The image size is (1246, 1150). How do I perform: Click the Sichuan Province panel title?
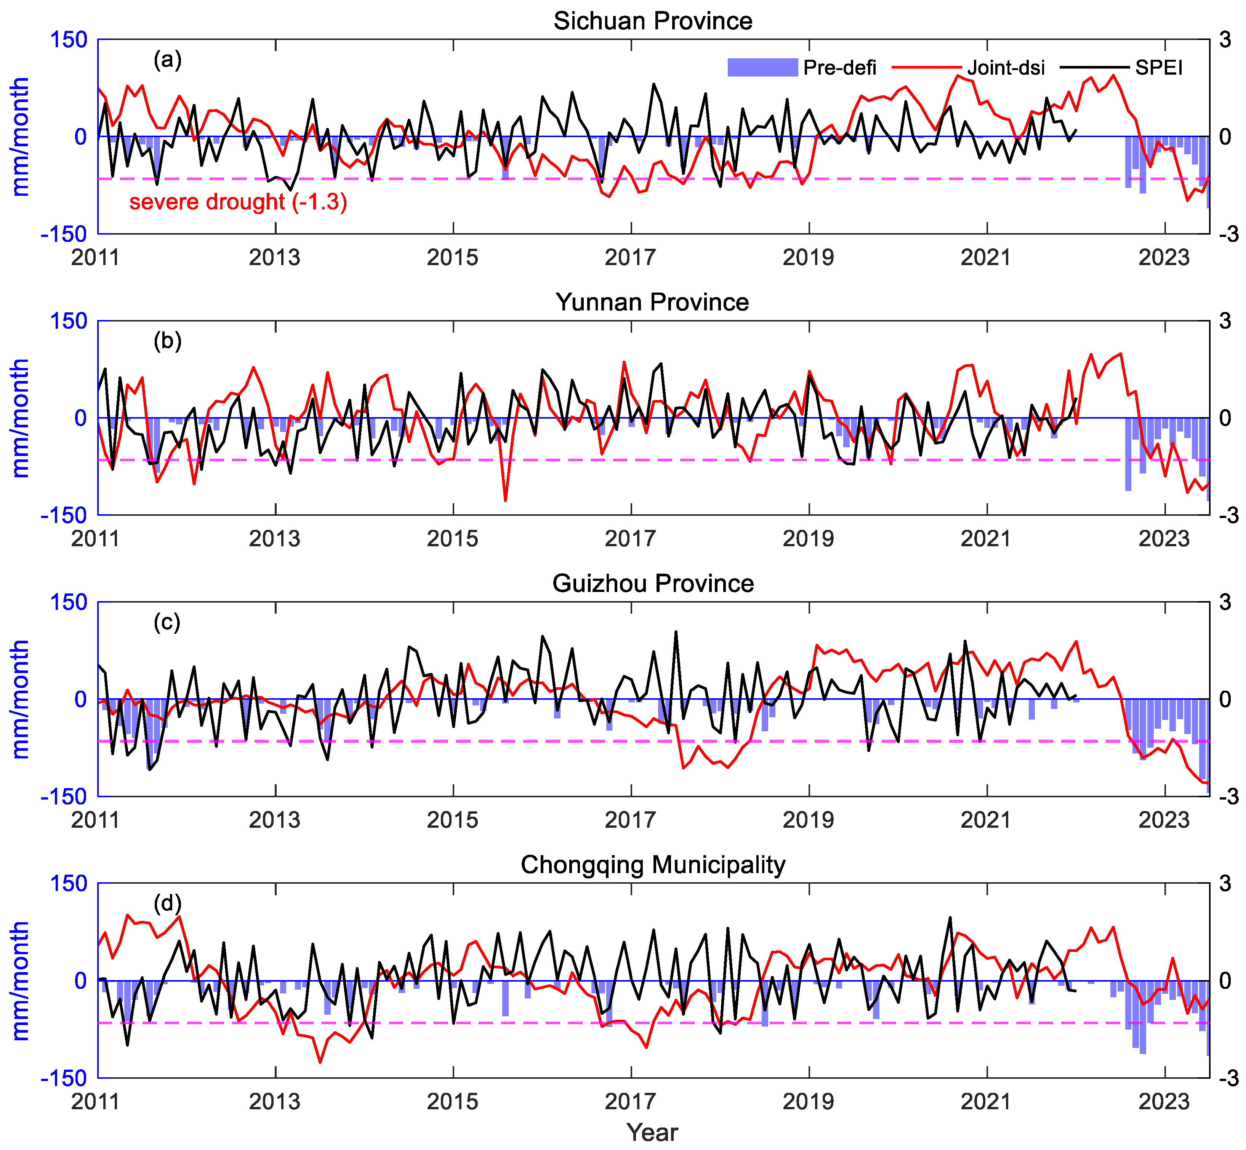653,21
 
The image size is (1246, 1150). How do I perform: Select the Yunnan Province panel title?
653,302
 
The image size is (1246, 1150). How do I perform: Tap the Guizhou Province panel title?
653,584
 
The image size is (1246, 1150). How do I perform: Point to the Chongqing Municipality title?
653,865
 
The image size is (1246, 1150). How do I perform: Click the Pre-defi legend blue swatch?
762,67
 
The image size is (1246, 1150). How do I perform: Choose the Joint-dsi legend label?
1006,67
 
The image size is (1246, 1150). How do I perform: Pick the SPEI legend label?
1158,67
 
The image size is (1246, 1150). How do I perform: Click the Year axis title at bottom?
652,1132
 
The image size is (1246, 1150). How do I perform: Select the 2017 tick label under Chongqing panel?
631,1102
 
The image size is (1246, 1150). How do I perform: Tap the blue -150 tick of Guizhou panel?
64,797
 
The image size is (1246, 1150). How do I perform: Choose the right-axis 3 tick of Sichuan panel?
1225,40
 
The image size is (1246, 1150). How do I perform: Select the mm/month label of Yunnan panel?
21,417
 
